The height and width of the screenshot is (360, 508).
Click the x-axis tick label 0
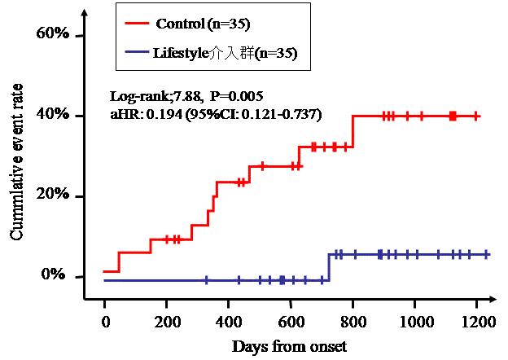(x=104, y=323)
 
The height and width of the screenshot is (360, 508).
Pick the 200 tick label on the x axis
(x=166, y=323)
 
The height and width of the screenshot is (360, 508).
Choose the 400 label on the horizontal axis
(x=228, y=323)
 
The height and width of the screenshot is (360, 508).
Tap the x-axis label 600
(x=291, y=323)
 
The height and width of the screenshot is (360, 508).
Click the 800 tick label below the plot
(x=353, y=323)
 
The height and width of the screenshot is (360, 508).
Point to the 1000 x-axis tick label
(x=414, y=323)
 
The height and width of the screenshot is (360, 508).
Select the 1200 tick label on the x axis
(x=477, y=323)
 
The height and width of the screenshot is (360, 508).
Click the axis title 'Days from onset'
(x=290, y=347)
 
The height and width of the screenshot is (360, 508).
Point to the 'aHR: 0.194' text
(x=140, y=114)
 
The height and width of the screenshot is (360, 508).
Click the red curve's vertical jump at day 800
(x=353, y=131)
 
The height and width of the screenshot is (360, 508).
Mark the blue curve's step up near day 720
(x=328, y=267)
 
